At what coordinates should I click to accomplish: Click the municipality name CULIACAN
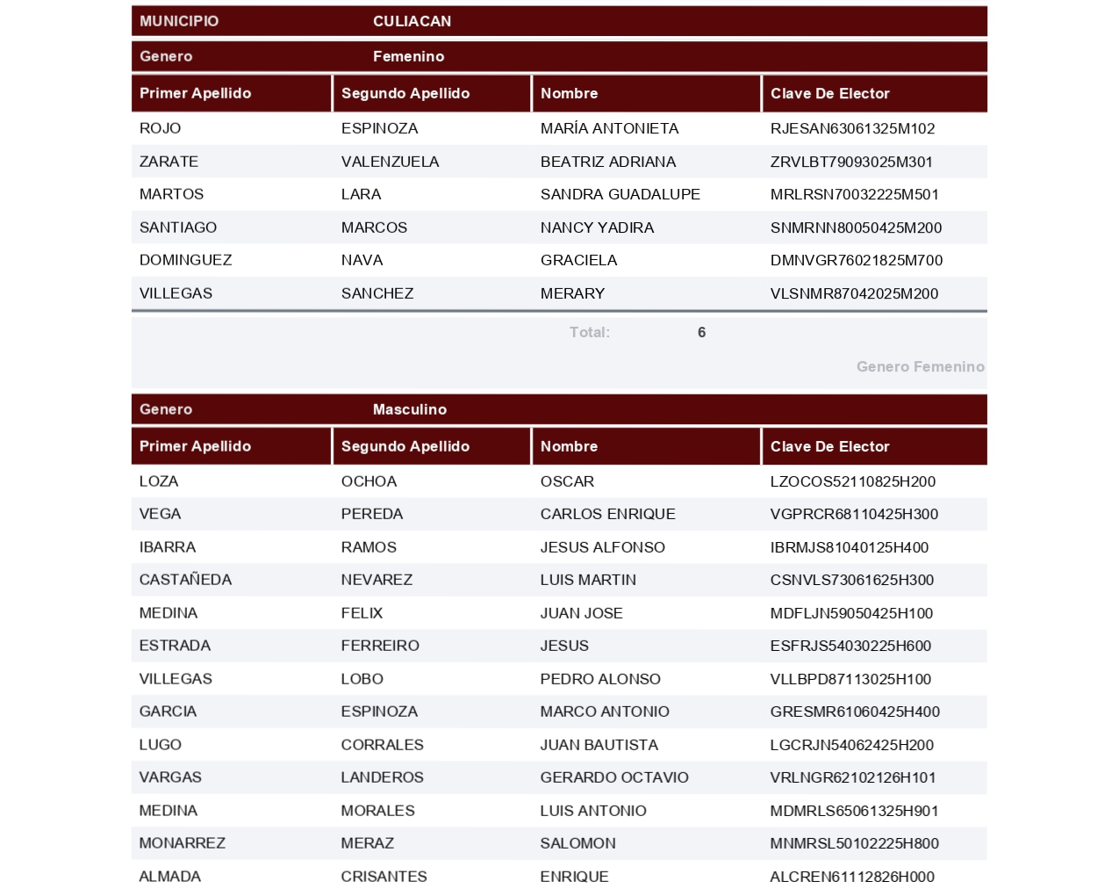click(412, 21)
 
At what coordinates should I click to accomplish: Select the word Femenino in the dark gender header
click(408, 56)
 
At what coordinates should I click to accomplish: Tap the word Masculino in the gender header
click(409, 409)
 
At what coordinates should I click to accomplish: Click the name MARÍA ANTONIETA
click(609, 128)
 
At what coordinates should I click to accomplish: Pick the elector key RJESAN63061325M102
click(852, 128)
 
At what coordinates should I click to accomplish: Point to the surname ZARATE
click(169, 162)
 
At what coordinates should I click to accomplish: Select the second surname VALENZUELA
click(390, 162)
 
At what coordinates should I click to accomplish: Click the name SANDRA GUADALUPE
click(620, 194)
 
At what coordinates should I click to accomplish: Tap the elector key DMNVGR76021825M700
click(856, 260)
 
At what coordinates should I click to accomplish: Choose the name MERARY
click(572, 293)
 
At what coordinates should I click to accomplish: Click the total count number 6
click(701, 332)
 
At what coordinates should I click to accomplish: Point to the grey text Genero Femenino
click(920, 366)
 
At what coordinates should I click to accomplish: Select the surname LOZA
click(159, 481)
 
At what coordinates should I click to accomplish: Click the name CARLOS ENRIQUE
click(607, 514)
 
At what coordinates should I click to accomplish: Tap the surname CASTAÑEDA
click(185, 580)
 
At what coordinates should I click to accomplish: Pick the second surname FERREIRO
click(380, 646)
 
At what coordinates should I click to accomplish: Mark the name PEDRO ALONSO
click(600, 679)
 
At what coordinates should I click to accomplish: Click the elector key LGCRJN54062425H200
click(851, 745)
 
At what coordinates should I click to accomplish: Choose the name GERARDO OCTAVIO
click(614, 777)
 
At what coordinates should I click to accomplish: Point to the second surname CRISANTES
click(384, 877)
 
